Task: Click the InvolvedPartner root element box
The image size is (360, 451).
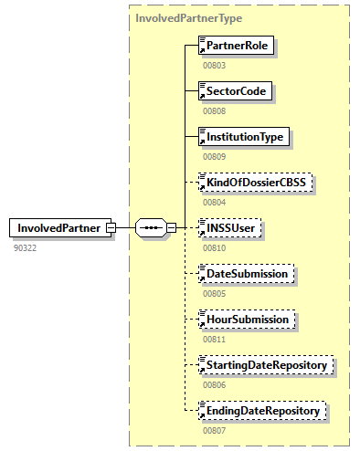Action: (57, 227)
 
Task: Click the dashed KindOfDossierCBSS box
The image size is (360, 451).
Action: (257, 183)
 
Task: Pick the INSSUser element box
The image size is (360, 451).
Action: (230, 227)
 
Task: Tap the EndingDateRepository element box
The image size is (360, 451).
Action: (262, 411)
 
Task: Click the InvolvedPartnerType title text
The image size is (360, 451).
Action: (189, 17)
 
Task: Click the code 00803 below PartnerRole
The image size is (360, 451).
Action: (214, 65)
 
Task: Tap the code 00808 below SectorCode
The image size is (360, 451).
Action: (214, 110)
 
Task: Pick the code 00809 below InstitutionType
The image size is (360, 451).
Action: (214, 156)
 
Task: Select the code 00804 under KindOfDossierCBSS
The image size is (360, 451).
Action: (214, 202)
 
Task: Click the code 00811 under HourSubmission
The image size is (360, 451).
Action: (214, 339)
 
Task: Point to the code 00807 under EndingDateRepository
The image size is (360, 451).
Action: (214, 430)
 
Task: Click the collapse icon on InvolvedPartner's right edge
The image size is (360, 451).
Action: (111, 227)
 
